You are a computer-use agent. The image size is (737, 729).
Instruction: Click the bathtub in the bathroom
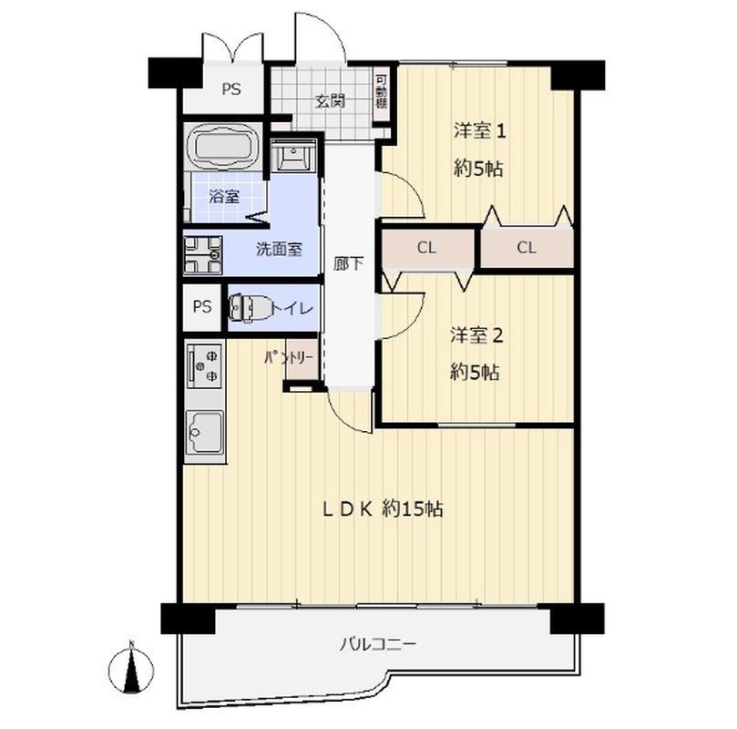click(x=222, y=146)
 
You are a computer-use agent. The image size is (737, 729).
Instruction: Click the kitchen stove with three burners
click(x=204, y=364)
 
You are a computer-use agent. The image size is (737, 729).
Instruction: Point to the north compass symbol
click(x=131, y=668)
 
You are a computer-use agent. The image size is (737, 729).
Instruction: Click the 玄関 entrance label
click(x=330, y=100)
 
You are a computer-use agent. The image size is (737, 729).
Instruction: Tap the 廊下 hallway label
click(x=348, y=263)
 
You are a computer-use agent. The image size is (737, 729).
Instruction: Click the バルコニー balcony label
click(x=378, y=643)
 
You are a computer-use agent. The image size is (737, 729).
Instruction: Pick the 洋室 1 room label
click(x=479, y=130)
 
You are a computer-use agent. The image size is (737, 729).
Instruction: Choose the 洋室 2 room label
click(x=477, y=335)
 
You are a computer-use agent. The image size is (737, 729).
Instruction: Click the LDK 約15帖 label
click(x=382, y=508)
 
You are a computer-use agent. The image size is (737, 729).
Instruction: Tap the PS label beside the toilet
click(x=202, y=307)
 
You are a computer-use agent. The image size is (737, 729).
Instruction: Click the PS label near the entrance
click(x=231, y=88)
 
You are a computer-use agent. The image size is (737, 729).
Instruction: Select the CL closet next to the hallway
click(x=426, y=248)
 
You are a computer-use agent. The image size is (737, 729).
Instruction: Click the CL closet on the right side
click(x=527, y=248)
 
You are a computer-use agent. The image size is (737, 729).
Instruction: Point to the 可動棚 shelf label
click(x=381, y=92)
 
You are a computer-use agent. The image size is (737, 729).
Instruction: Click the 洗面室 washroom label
click(x=279, y=249)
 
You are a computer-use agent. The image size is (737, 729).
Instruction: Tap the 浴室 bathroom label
click(x=224, y=196)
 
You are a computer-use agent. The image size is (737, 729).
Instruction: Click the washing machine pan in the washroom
click(x=202, y=255)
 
